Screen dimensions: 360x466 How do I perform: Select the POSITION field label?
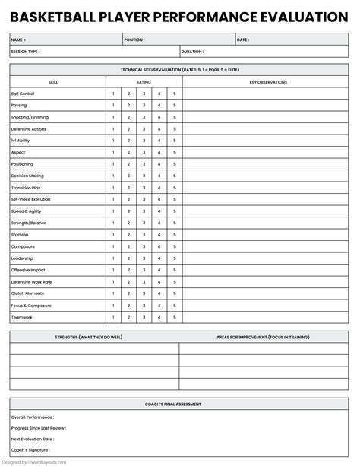tap(134, 40)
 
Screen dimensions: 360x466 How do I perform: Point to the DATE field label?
tap(242, 40)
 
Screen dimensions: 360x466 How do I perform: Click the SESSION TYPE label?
tap(24, 52)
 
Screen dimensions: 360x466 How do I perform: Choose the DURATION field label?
tap(192, 52)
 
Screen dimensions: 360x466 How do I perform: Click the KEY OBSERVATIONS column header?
tap(267, 81)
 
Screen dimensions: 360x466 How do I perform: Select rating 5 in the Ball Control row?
tap(175, 94)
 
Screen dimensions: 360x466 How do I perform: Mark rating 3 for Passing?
tap(144, 106)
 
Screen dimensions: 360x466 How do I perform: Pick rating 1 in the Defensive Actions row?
tap(113, 129)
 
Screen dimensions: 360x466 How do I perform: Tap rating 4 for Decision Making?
tap(159, 176)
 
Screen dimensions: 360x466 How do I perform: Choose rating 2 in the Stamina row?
tap(128, 235)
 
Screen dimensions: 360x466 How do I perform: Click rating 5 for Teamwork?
tap(175, 317)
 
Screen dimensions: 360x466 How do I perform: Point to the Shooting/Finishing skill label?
tap(29, 117)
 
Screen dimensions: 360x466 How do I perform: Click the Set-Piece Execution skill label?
tap(30, 199)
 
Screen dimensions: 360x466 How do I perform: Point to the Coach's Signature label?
tap(28, 451)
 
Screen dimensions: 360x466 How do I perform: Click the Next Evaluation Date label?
tap(31, 439)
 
